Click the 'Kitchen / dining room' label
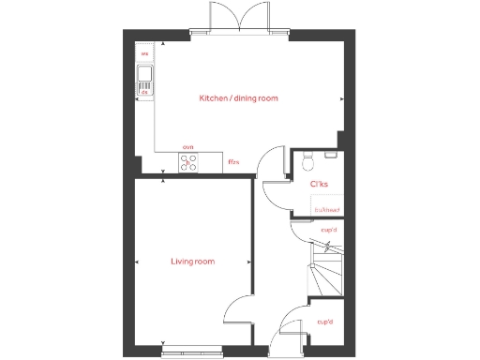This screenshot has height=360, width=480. [238, 98]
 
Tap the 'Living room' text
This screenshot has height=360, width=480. [193, 262]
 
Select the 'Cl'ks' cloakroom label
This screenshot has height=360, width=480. [318, 184]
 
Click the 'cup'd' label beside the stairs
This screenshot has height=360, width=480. [328, 230]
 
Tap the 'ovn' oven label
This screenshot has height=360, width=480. [187, 148]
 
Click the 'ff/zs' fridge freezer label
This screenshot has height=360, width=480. [233, 162]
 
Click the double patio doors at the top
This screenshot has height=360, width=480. [238, 21]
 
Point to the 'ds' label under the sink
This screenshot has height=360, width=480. [145, 92]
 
